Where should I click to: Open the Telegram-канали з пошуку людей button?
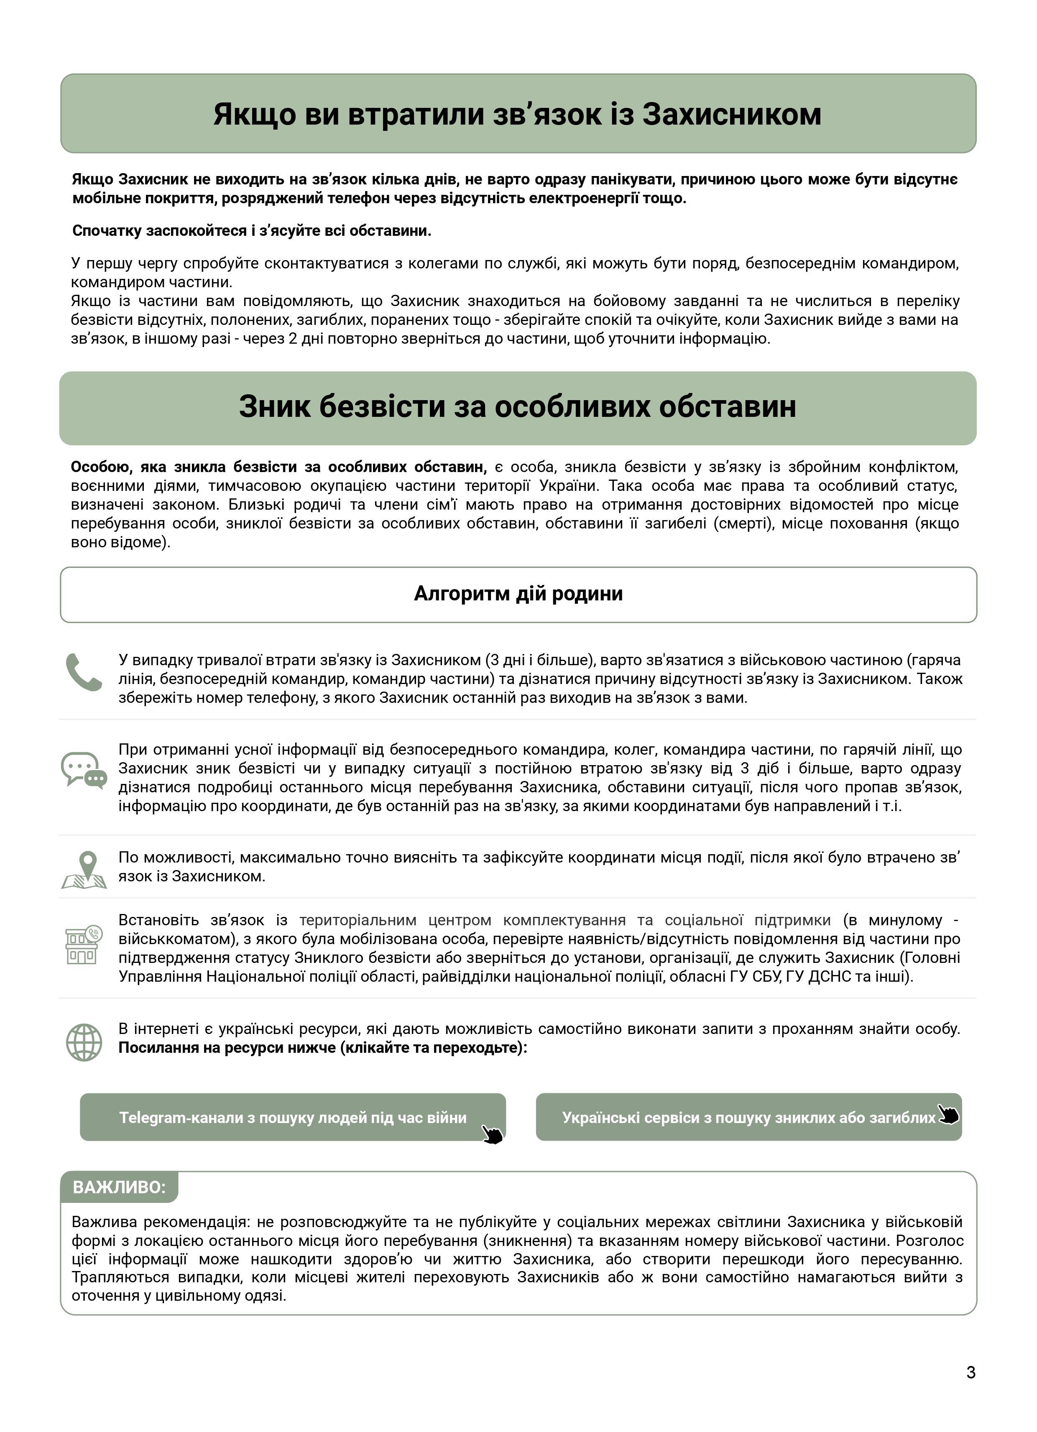(292, 1118)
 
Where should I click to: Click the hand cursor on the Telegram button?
(492, 1134)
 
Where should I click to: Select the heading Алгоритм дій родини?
(518, 594)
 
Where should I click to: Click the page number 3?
(971, 1372)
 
